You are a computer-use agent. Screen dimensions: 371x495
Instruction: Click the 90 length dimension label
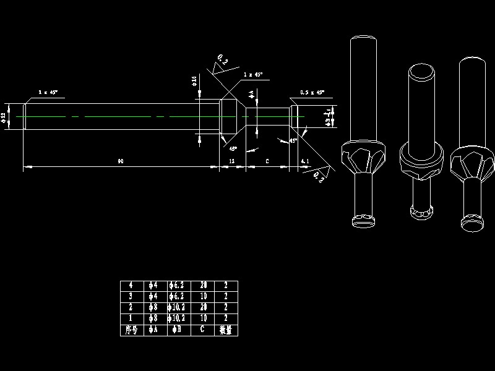[120, 161]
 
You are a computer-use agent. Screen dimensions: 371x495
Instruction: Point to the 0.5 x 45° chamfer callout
[312, 92]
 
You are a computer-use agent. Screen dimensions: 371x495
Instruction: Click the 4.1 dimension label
[304, 161]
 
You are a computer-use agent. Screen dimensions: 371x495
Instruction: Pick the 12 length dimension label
[232, 161]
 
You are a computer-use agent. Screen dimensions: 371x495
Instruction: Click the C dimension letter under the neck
[267, 161]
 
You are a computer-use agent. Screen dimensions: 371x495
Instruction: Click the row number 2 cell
[131, 308]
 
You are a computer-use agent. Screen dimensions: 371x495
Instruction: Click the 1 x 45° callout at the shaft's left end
[48, 92]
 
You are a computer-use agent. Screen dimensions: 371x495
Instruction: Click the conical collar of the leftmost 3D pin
[363, 157]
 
